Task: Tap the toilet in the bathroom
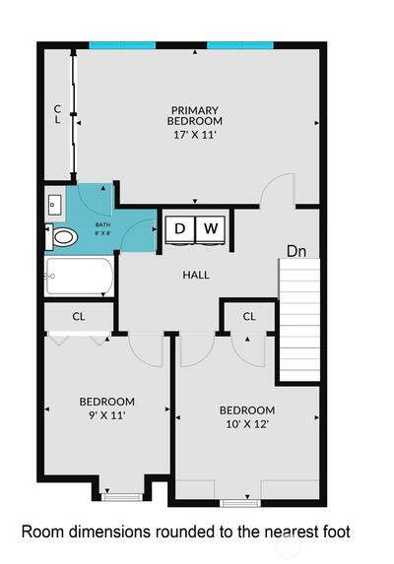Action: (x=61, y=237)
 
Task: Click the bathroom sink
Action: (x=55, y=205)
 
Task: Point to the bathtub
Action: (x=79, y=277)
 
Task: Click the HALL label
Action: (x=196, y=276)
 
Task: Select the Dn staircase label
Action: (x=296, y=251)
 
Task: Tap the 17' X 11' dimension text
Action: (x=195, y=135)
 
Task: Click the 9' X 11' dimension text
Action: (x=107, y=415)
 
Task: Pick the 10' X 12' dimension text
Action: (x=247, y=424)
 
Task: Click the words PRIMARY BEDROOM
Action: (x=195, y=115)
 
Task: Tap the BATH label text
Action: (x=102, y=224)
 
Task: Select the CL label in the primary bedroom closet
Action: (x=57, y=114)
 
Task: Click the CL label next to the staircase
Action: (x=249, y=317)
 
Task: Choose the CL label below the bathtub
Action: (x=79, y=317)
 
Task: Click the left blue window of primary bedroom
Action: (x=122, y=45)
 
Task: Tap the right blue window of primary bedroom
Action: (x=240, y=45)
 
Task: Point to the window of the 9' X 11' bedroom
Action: (x=122, y=497)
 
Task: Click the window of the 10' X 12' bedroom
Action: (x=240, y=503)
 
